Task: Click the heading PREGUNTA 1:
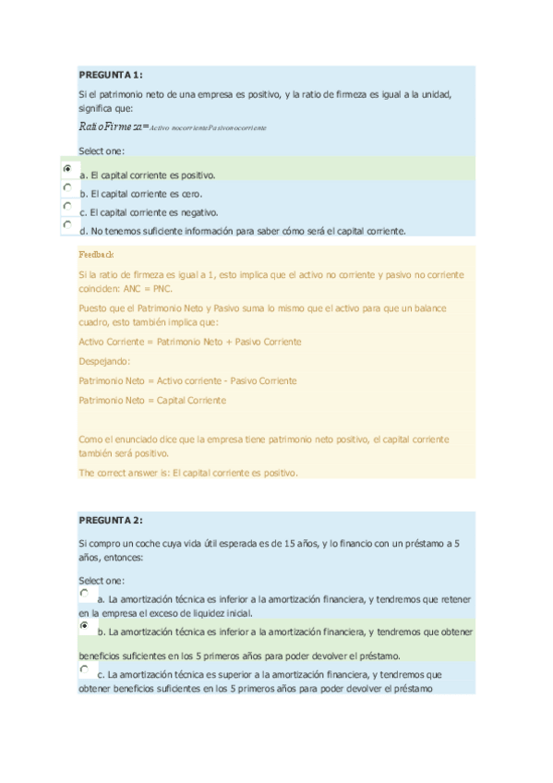(110, 75)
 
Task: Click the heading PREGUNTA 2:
(110, 520)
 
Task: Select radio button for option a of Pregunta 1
(67, 169)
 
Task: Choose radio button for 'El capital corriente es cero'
(67, 187)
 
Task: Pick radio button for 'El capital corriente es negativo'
(67, 206)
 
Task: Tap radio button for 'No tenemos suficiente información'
(67, 224)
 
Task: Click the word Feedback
(96, 253)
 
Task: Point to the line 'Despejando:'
(104, 361)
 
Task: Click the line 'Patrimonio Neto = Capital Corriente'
(152, 400)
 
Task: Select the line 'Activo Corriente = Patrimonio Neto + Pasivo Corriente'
(189, 342)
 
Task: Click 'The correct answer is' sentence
(188, 473)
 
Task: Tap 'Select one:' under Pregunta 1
(101, 151)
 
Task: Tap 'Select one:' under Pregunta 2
(101, 580)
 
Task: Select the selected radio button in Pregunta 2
(85, 626)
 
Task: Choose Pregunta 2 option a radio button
(85, 594)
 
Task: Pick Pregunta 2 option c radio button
(85, 669)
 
